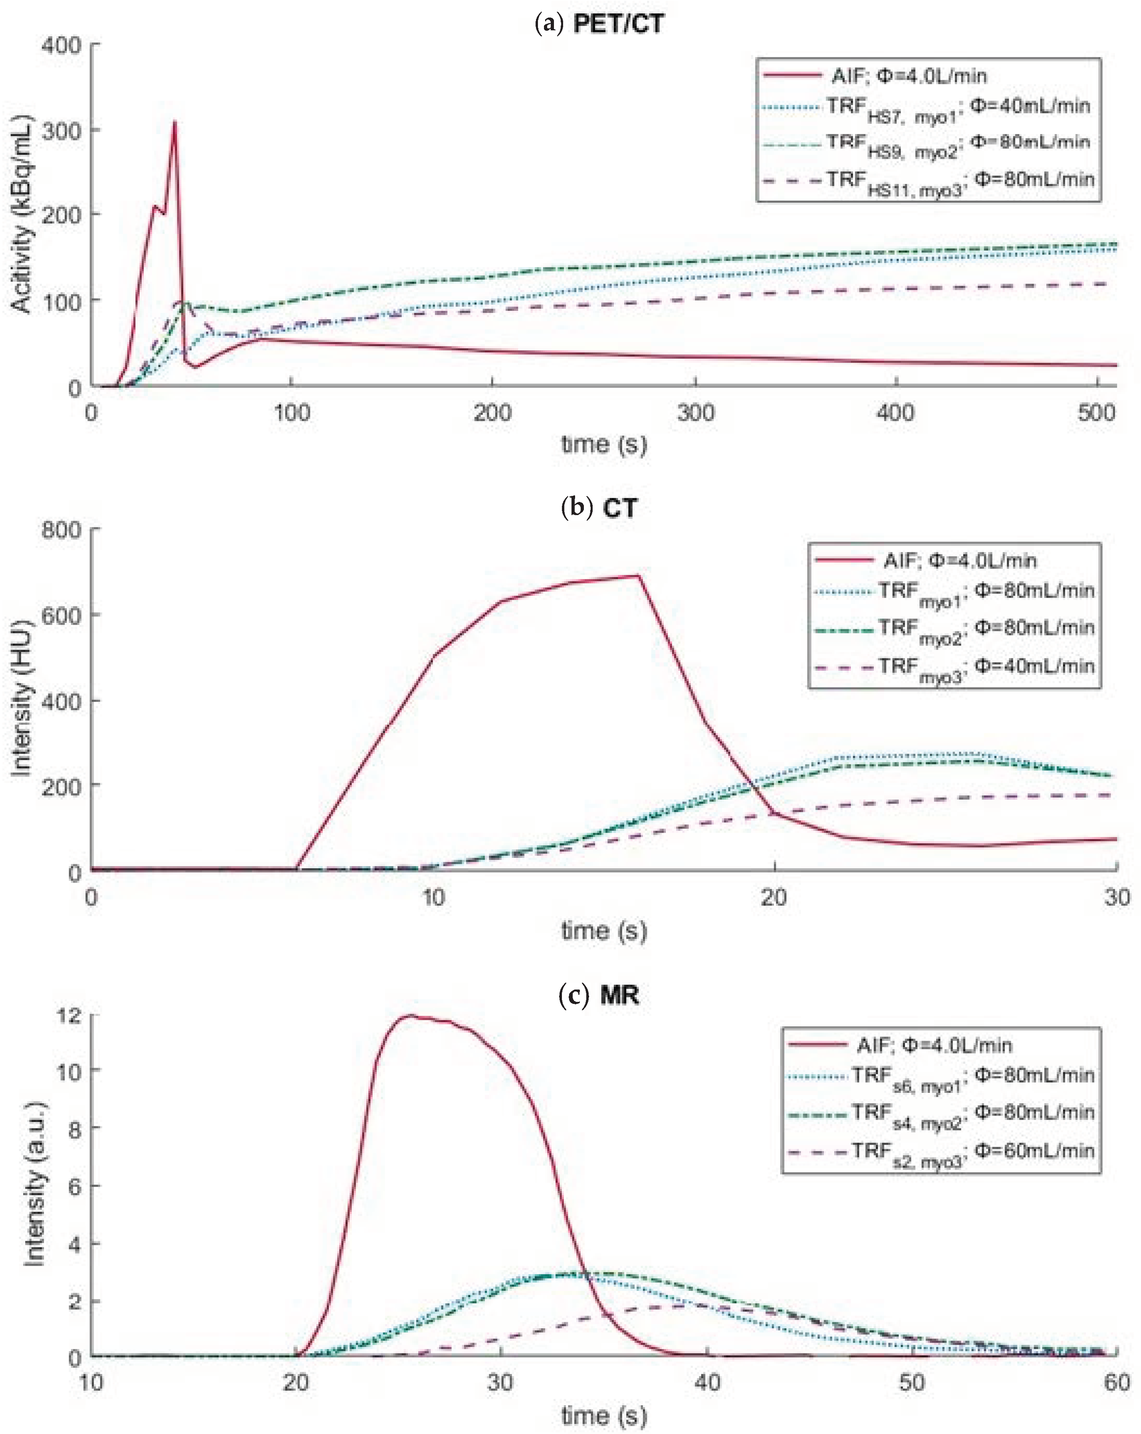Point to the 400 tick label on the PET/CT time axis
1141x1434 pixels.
(x=895, y=413)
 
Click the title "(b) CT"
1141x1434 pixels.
(x=599, y=508)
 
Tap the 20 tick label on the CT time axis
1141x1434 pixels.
(x=773, y=898)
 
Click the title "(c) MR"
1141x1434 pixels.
(x=599, y=995)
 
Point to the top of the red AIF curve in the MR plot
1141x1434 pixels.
(x=411, y=1015)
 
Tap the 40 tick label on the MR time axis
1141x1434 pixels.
(x=707, y=1383)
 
